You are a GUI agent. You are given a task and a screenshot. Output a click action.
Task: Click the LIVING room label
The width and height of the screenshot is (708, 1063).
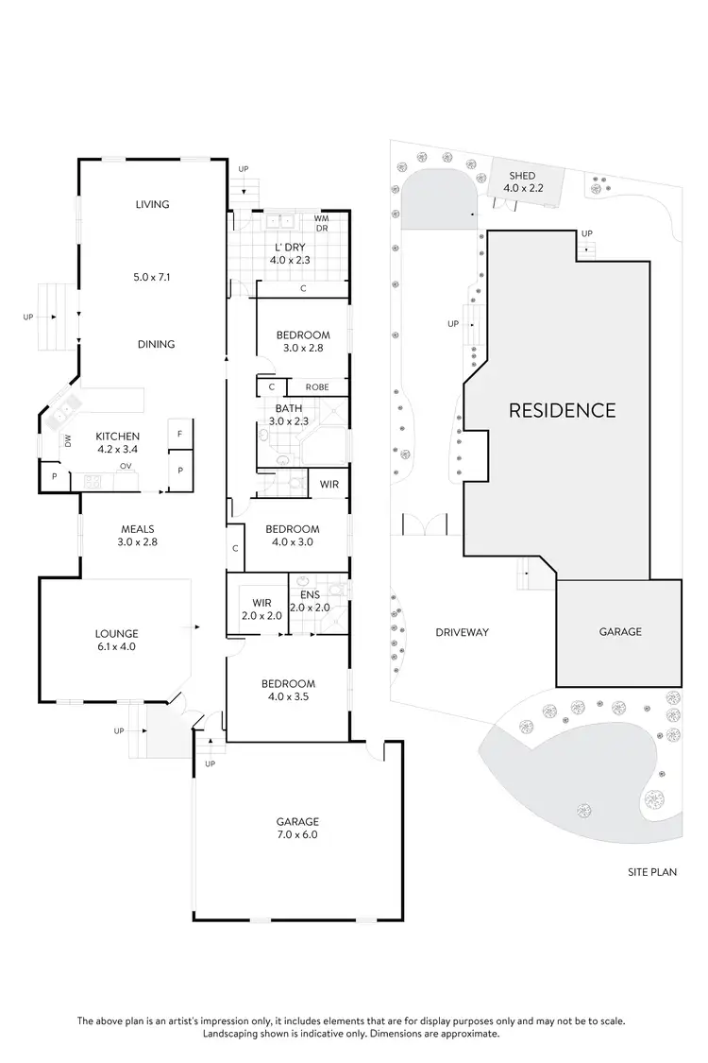(x=152, y=204)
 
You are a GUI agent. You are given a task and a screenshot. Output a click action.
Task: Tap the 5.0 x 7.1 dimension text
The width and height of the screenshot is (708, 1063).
(x=152, y=278)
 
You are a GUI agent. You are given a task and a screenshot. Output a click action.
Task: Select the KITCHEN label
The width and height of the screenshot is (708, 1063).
(x=117, y=436)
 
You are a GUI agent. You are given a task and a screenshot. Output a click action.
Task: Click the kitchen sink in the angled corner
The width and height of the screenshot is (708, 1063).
(x=63, y=412)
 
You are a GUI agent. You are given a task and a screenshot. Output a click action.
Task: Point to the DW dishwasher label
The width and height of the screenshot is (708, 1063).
(x=68, y=440)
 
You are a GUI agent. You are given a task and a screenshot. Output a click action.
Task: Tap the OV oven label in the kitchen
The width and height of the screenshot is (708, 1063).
(x=124, y=466)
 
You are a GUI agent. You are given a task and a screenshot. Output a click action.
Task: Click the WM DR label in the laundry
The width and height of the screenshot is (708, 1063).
(x=322, y=224)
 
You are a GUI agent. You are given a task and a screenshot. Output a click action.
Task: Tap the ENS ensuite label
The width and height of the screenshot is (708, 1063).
(x=310, y=594)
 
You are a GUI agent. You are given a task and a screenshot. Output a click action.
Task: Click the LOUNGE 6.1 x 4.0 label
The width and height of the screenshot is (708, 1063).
(x=117, y=640)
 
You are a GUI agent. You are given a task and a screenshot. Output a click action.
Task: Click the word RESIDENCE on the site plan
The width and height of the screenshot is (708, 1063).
(x=562, y=410)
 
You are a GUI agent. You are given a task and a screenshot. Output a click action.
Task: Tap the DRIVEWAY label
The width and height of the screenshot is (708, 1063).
(x=463, y=632)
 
